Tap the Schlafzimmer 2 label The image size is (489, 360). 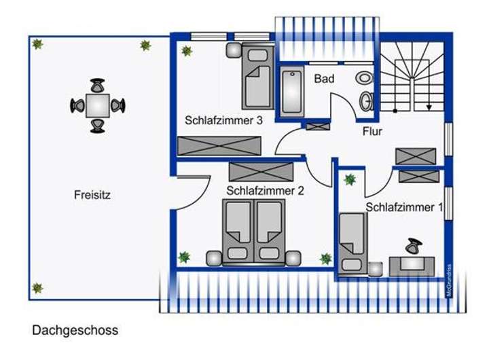[265, 191]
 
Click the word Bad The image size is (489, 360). [324, 79]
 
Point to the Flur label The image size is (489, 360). [372, 131]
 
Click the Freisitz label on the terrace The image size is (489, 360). [92, 195]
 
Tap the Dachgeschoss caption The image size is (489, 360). [75, 331]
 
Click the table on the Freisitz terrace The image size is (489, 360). [98, 105]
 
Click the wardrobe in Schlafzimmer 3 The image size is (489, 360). [219, 145]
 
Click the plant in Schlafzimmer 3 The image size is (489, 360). [186, 50]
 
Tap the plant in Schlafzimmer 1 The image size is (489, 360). [349, 179]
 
